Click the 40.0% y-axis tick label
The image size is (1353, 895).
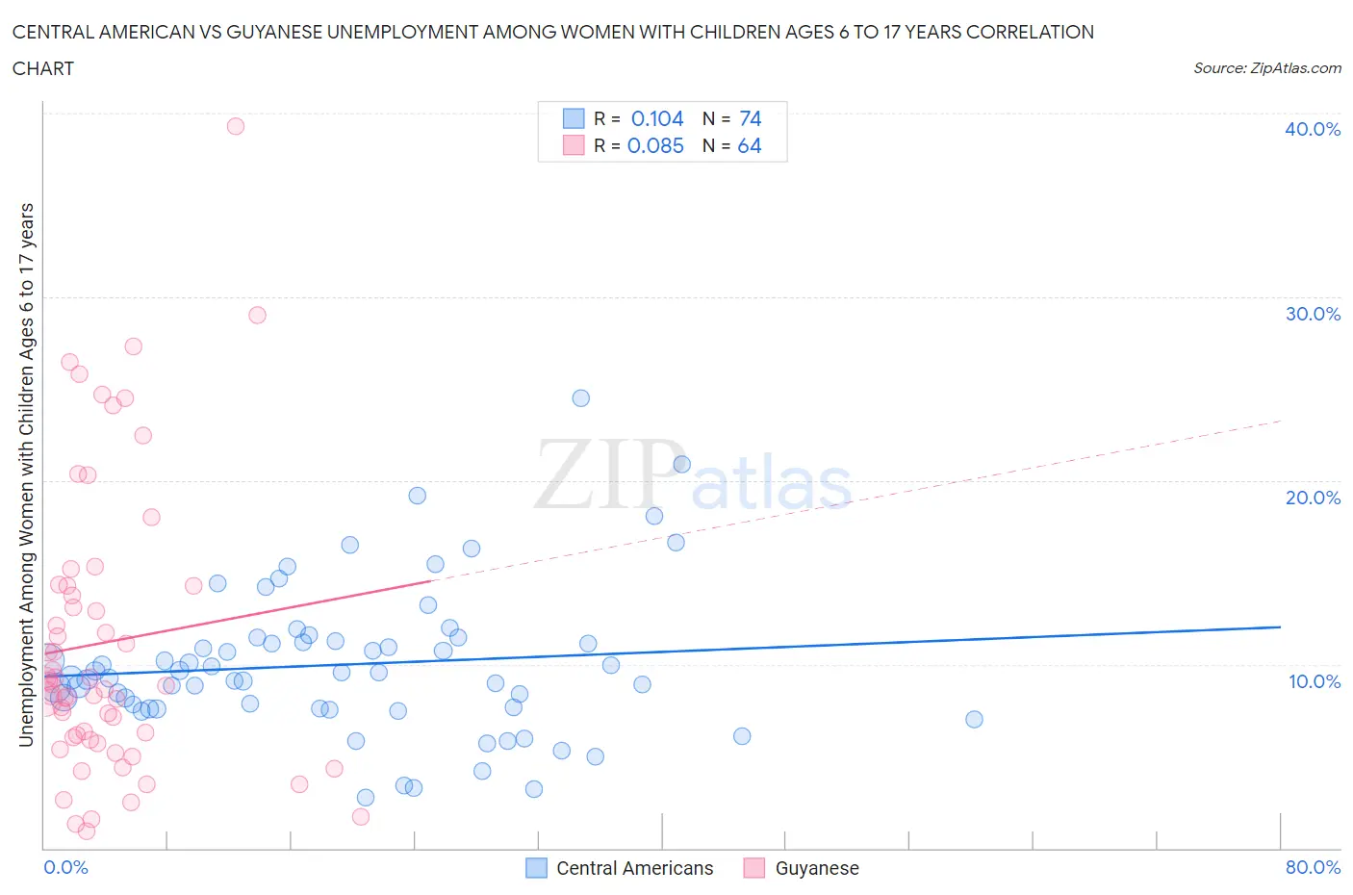(x=1313, y=129)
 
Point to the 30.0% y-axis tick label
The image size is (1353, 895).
(x=1313, y=314)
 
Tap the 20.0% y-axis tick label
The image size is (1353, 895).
(x=1313, y=498)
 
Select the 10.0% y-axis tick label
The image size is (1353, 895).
(x=1314, y=681)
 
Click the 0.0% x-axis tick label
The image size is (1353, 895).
(x=65, y=867)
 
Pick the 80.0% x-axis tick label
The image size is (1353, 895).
(x=1313, y=867)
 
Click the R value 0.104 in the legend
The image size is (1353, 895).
(x=657, y=118)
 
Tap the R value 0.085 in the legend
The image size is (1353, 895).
(x=655, y=145)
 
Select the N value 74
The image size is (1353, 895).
(x=751, y=118)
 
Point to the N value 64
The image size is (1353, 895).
(x=750, y=145)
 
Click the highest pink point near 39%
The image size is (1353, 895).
(x=235, y=126)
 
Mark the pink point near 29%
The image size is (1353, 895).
(x=257, y=315)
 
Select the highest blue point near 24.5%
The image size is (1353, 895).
(x=580, y=398)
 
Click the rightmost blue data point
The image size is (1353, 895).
(x=974, y=719)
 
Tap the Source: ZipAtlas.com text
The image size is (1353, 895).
(x=1266, y=68)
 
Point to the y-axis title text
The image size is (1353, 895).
(x=27, y=474)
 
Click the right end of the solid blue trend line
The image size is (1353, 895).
(x=1280, y=626)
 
